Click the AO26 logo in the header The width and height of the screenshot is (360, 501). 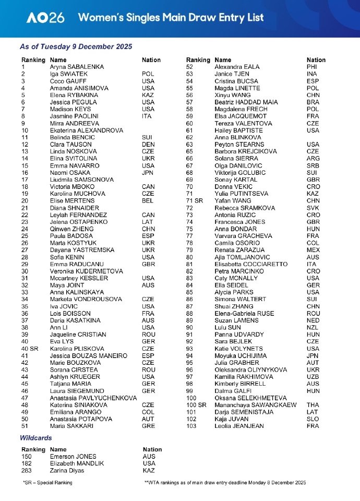46,17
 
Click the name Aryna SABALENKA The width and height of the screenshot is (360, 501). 77,67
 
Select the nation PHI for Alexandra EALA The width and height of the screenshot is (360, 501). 312,67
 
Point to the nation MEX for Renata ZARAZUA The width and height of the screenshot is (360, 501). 314,250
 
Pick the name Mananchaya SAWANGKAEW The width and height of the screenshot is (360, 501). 255,405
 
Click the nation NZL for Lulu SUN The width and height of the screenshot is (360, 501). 313,327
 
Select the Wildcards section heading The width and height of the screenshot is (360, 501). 35,438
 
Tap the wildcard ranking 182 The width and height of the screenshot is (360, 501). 26,463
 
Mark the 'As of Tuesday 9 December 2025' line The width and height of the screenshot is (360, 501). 76,47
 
